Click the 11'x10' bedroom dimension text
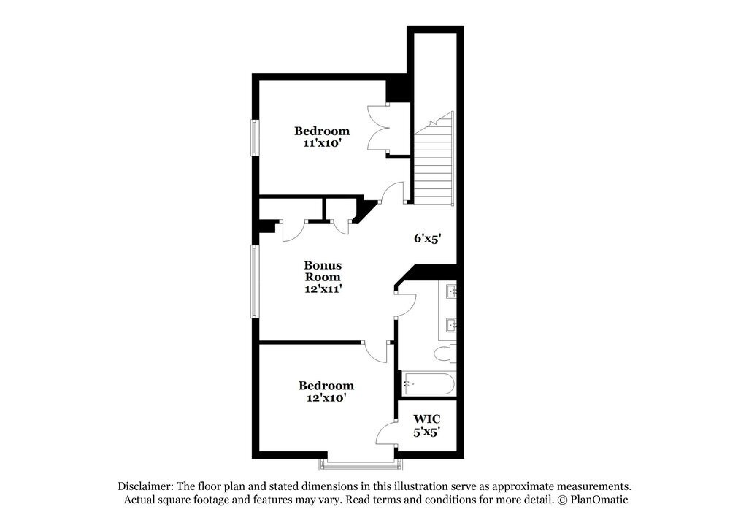click(322, 144)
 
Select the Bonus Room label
click(323, 271)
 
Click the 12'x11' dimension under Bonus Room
click(323, 289)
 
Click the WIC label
click(426, 419)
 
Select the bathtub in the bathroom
click(428, 384)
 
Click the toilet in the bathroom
click(443, 355)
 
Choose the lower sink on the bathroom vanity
click(452, 324)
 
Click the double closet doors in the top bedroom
click(380, 129)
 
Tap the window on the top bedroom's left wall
click(255, 137)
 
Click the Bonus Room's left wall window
click(255, 281)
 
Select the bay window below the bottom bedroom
click(358, 463)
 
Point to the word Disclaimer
click(143, 486)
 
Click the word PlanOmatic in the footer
click(599, 500)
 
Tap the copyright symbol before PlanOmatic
click(562, 500)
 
